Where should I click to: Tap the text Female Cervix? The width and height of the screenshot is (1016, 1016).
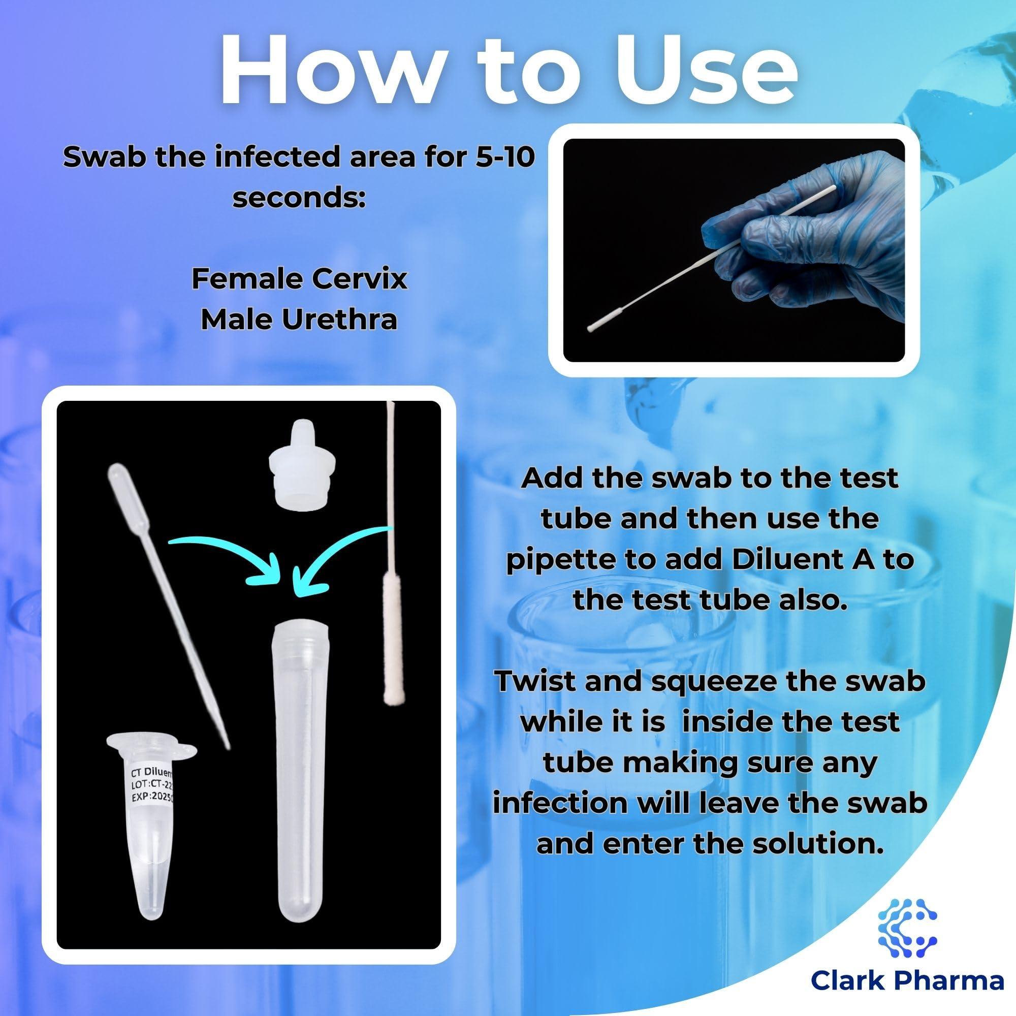(x=299, y=279)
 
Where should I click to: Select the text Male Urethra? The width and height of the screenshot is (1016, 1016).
(x=299, y=319)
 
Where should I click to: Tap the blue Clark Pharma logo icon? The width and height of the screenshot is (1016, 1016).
(x=907, y=927)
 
